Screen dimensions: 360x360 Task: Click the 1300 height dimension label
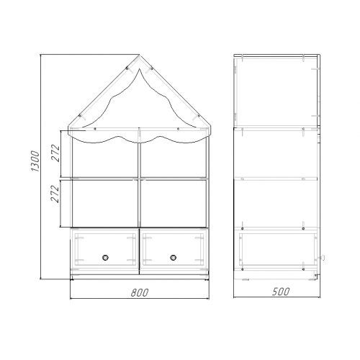(35, 161)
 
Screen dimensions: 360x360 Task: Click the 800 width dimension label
(140, 292)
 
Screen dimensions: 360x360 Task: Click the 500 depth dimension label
(281, 292)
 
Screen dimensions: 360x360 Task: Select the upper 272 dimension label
(55, 153)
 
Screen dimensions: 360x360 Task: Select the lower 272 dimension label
(55, 194)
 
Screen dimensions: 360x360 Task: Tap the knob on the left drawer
(105, 258)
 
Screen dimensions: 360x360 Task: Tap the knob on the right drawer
(173, 258)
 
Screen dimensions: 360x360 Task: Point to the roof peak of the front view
(140, 55)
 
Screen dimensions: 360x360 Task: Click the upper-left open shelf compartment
(105, 160)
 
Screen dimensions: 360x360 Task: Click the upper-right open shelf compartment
(174, 160)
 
